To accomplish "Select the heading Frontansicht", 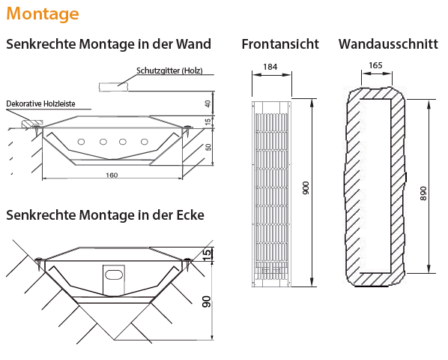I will [x=280, y=44].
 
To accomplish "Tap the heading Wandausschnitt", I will [x=388, y=44].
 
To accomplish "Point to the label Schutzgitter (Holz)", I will [x=169, y=71].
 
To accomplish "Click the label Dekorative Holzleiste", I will [x=40, y=103].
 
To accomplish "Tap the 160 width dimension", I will [x=112, y=175].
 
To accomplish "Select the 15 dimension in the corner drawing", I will [x=206, y=254].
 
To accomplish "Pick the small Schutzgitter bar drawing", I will [x=112, y=86].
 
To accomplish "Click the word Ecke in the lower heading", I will [x=187, y=215].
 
